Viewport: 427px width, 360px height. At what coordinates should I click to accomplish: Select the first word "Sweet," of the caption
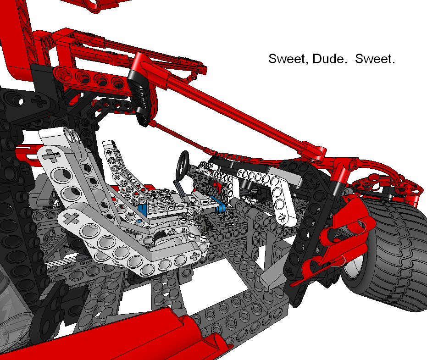click(x=288, y=59)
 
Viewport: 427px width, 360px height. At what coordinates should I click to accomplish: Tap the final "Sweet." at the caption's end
click(x=375, y=59)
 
